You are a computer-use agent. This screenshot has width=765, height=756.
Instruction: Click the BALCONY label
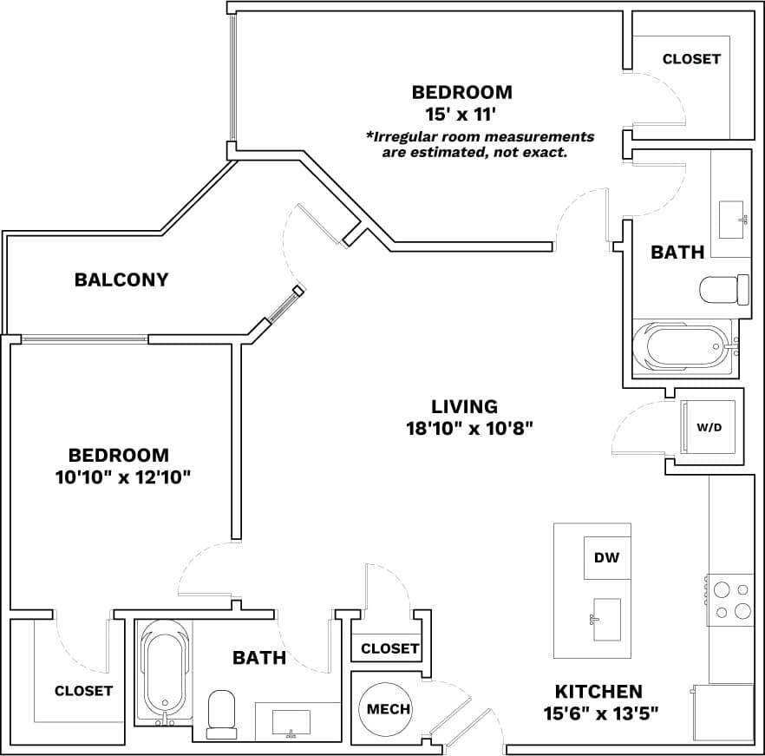point(121,279)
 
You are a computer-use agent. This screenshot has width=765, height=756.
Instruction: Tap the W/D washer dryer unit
point(709,427)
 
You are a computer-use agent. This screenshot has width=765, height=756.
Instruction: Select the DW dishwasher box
point(607,558)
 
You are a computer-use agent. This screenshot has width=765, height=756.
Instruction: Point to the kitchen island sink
point(606,619)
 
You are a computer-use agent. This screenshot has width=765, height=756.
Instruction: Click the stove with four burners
point(729,599)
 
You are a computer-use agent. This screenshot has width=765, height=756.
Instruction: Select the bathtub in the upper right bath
point(683,346)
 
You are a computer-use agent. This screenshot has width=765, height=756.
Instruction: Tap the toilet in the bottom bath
point(222,712)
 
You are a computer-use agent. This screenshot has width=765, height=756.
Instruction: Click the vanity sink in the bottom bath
point(291,721)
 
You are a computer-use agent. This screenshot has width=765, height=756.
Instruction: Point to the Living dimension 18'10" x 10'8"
point(468,427)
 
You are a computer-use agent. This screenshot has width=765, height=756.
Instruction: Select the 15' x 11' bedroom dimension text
point(461,114)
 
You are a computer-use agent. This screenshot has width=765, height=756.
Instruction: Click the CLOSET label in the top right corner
point(691,59)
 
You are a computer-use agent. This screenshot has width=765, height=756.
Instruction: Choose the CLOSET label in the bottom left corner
point(83,691)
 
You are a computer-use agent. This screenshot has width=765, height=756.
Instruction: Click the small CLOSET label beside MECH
point(390,648)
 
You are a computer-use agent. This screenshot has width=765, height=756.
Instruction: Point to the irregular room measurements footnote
point(480,144)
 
